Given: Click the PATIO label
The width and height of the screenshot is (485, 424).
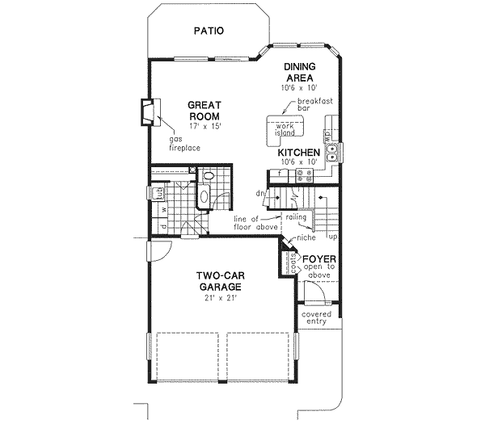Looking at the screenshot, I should (209, 31).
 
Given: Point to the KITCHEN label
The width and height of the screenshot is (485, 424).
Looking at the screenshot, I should (299, 153).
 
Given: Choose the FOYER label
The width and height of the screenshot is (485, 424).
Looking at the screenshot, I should (319, 260).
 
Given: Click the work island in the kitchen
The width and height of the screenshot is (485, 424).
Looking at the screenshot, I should (285, 128).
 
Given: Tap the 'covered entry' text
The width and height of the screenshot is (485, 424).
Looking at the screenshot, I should (316, 318).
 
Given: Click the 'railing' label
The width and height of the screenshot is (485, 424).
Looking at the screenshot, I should (294, 217).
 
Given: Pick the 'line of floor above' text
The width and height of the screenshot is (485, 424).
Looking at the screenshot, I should (255, 223).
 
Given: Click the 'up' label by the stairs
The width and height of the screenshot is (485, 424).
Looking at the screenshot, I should (332, 237).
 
